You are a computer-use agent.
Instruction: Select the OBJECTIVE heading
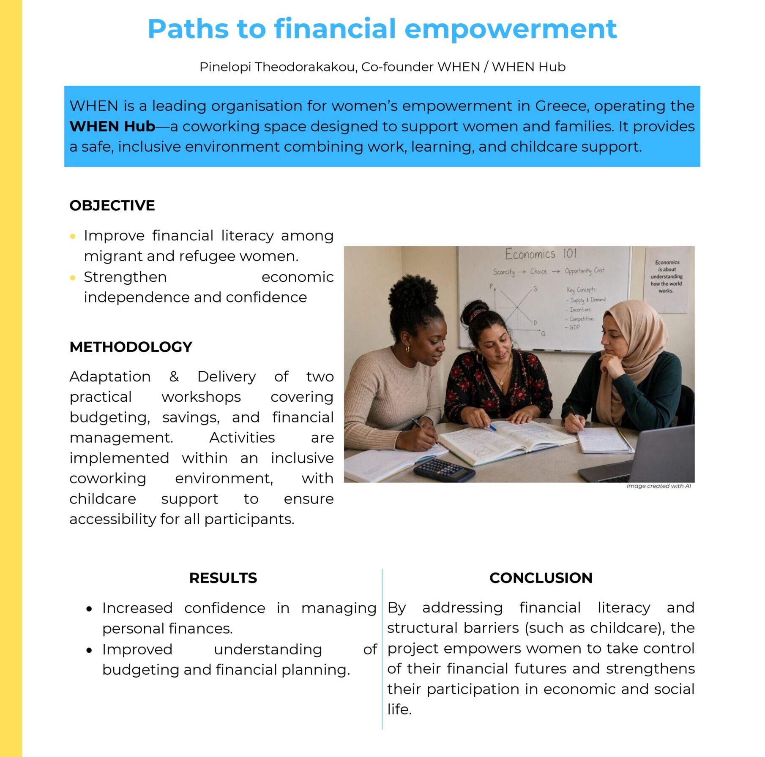click(112, 205)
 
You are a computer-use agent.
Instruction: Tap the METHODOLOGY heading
click(131, 347)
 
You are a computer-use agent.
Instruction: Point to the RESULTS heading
click(223, 577)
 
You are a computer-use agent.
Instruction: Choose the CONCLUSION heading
click(541, 577)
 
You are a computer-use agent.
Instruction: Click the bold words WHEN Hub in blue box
click(112, 126)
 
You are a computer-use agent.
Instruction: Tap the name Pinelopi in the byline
click(225, 67)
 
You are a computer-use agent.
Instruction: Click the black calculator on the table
click(444, 469)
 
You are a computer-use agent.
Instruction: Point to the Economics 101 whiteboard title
click(541, 254)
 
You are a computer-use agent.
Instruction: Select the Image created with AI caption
click(658, 486)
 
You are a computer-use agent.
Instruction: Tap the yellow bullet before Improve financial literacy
click(73, 236)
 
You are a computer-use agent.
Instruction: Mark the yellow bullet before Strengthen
click(73, 278)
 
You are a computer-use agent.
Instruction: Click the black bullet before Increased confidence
click(89, 609)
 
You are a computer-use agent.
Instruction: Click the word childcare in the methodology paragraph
click(103, 498)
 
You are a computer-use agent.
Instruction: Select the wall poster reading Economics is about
click(666, 277)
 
